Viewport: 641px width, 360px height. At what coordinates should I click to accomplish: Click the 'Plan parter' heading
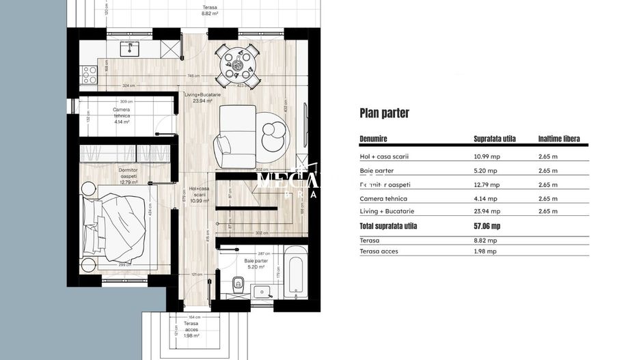(384, 113)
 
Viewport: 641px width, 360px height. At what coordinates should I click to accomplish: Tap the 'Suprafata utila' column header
(494, 139)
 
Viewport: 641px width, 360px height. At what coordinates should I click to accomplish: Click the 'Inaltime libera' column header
(558, 139)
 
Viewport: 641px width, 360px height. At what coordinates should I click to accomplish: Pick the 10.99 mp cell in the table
(486, 156)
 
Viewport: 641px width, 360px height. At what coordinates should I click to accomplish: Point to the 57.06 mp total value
(487, 226)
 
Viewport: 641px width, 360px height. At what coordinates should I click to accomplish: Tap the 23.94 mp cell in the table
(486, 212)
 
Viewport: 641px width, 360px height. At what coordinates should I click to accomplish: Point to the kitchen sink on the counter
(128, 49)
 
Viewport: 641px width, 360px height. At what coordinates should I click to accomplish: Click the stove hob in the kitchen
(89, 74)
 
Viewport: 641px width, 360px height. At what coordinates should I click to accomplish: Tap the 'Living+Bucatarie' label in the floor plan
(202, 98)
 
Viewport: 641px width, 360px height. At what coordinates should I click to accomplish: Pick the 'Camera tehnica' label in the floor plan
(121, 113)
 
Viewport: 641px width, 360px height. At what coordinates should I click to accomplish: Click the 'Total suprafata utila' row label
(387, 226)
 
